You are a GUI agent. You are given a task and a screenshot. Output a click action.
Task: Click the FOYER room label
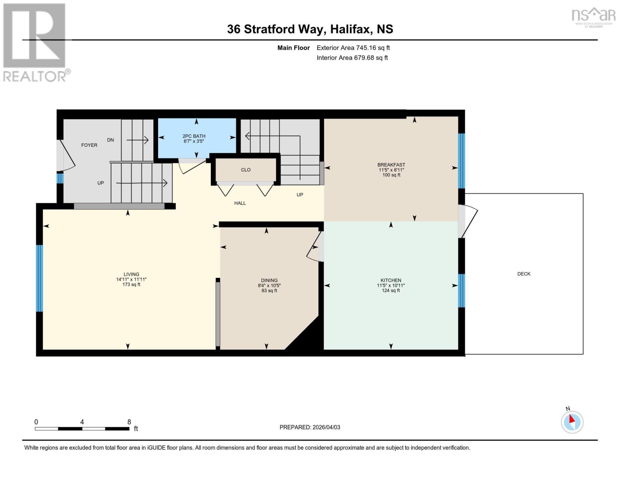(x=89, y=145)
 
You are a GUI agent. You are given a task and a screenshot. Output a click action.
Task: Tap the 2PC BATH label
(x=194, y=136)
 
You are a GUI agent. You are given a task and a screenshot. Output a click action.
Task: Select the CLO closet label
(x=246, y=170)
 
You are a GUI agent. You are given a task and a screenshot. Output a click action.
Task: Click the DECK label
(x=524, y=274)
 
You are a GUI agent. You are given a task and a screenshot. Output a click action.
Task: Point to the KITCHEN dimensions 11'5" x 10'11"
(x=391, y=285)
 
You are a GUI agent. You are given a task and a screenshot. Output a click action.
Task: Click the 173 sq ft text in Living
(x=131, y=285)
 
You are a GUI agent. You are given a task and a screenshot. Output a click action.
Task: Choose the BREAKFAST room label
(x=391, y=165)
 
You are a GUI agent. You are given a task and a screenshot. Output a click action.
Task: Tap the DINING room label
(x=269, y=281)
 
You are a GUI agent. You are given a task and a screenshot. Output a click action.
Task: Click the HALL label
(x=240, y=203)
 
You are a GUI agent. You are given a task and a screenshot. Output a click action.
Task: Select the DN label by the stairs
(x=111, y=140)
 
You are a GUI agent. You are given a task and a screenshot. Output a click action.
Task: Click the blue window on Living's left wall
(x=39, y=278)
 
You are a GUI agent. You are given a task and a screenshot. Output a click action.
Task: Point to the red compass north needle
(x=572, y=419)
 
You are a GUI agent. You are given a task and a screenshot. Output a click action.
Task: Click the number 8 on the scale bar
(x=129, y=422)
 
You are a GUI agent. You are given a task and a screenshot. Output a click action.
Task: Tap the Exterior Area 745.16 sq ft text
(x=353, y=48)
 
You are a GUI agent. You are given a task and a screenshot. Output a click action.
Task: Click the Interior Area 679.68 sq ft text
(x=352, y=58)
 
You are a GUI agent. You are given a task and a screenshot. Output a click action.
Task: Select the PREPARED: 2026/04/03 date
(x=310, y=427)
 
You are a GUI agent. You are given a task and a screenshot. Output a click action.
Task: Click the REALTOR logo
(x=35, y=42)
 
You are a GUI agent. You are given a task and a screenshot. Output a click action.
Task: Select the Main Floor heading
(x=293, y=48)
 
